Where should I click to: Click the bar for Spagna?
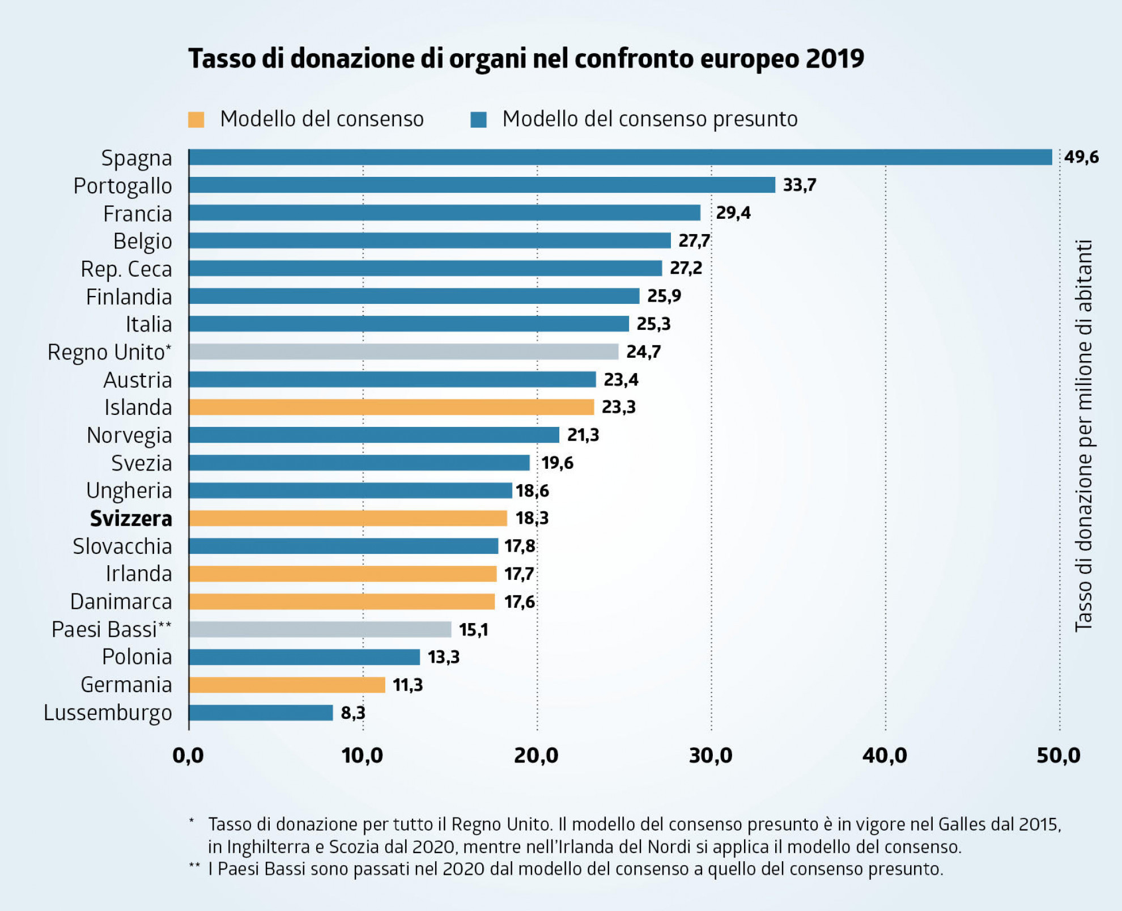620,157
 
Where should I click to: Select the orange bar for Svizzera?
348,518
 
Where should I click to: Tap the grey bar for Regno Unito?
403,351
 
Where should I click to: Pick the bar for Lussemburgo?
261,713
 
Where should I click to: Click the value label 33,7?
800,185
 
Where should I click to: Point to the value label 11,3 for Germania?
407,685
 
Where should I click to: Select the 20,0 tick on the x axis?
536,756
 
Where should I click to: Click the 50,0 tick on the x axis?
1059,756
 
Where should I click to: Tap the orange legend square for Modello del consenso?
196,120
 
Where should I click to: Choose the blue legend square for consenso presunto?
478,120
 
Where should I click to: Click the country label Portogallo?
123,186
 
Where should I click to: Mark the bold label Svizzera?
131,518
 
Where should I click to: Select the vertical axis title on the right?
1083,435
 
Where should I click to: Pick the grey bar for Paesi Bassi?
320,629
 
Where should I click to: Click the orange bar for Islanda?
391,407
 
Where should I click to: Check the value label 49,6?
1081,157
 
